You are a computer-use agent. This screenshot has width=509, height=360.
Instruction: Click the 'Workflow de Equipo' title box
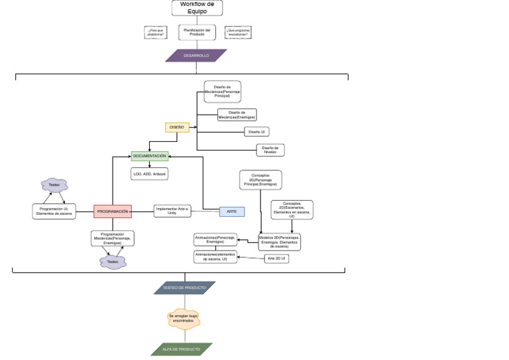[197, 8]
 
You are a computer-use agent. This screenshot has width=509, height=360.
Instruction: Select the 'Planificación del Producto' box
[197, 32]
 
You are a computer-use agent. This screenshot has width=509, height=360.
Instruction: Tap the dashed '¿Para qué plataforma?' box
[156, 32]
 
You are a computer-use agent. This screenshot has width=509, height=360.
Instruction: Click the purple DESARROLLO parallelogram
[196, 56]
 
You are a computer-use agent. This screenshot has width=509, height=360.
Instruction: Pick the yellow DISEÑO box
[177, 127]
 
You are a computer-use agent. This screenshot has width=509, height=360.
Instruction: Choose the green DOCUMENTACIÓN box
[150, 156]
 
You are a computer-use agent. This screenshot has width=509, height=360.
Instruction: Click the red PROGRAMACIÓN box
[113, 211]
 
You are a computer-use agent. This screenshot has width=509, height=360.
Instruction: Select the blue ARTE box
[232, 211]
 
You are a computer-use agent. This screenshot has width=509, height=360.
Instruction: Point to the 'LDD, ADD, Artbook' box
[150, 174]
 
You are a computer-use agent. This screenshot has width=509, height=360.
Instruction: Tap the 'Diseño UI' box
[256, 132]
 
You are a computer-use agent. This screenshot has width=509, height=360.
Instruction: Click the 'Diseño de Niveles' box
[270, 150]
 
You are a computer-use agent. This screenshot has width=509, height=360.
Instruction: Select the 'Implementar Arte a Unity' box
[172, 211]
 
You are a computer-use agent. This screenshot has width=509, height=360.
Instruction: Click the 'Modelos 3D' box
[279, 241]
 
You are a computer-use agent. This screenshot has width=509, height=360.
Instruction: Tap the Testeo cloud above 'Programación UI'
[54, 185]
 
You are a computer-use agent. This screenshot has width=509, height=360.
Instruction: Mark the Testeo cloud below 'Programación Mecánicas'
[113, 262]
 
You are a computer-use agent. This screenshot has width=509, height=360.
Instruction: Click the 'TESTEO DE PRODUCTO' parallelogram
[185, 288]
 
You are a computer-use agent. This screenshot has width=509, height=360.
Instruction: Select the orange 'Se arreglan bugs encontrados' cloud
[184, 319]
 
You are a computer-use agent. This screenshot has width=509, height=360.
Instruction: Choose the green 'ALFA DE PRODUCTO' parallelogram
[182, 349]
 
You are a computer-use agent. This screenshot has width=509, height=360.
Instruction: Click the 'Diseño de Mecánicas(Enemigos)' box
[237, 115]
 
